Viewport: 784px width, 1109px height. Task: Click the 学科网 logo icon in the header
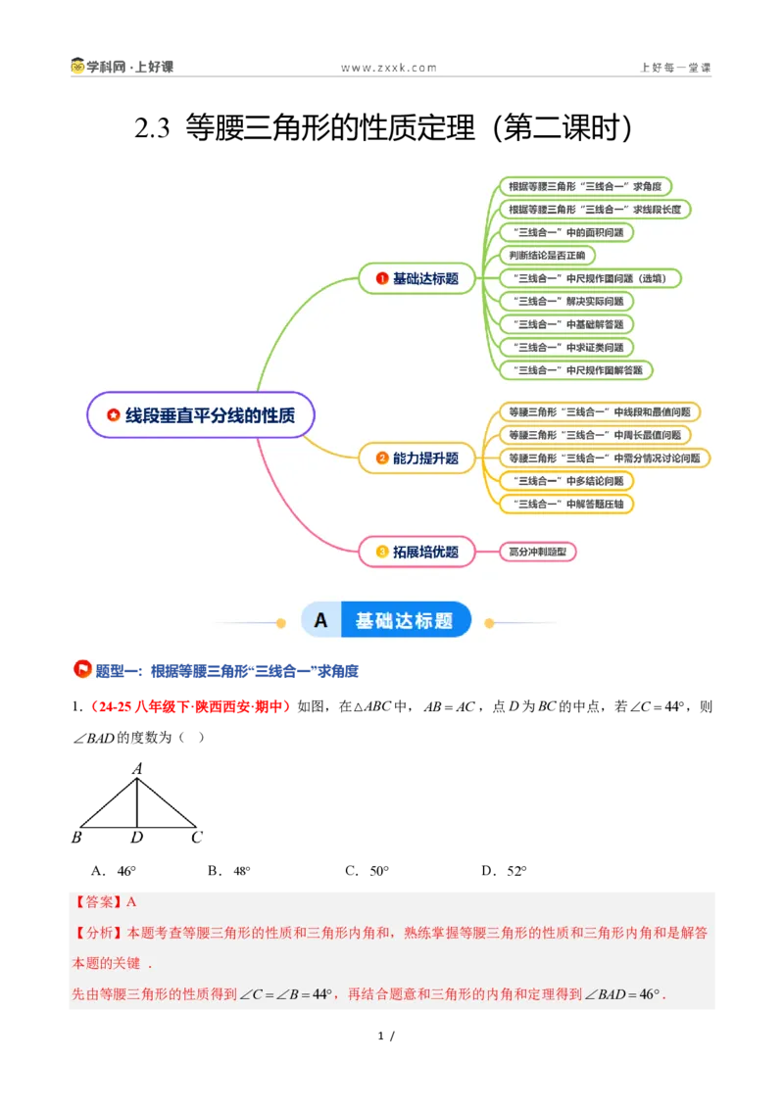tap(77, 66)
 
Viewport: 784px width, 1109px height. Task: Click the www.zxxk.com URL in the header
tap(388, 68)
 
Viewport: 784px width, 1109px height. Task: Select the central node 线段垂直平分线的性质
tap(200, 415)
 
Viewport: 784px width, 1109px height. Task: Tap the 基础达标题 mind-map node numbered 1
tap(416, 278)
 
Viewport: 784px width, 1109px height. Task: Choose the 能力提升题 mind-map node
tap(416, 458)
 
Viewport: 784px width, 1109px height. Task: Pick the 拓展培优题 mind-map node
tap(416, 552)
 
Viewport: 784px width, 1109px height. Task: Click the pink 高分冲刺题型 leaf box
tap(538, 552)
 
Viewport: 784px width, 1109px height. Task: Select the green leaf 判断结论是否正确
tap(547, 256)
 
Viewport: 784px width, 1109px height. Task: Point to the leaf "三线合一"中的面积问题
tap(566, 232)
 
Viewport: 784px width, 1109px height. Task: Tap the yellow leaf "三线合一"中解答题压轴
tap(566, 505)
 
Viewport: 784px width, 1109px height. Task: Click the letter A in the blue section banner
tap(320, 620)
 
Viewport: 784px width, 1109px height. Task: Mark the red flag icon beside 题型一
tap(82, 669)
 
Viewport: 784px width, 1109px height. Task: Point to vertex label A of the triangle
tap(137, 769)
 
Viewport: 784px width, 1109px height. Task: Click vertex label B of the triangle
tap(76, 838)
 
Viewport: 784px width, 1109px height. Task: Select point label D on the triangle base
tap(136, 838)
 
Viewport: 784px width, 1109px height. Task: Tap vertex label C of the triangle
tap(197, 838)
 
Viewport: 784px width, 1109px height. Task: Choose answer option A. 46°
tap(114, 871)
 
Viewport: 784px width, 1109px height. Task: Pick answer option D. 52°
tap(504, 871)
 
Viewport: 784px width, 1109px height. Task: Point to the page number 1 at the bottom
tap(380, 1036)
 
